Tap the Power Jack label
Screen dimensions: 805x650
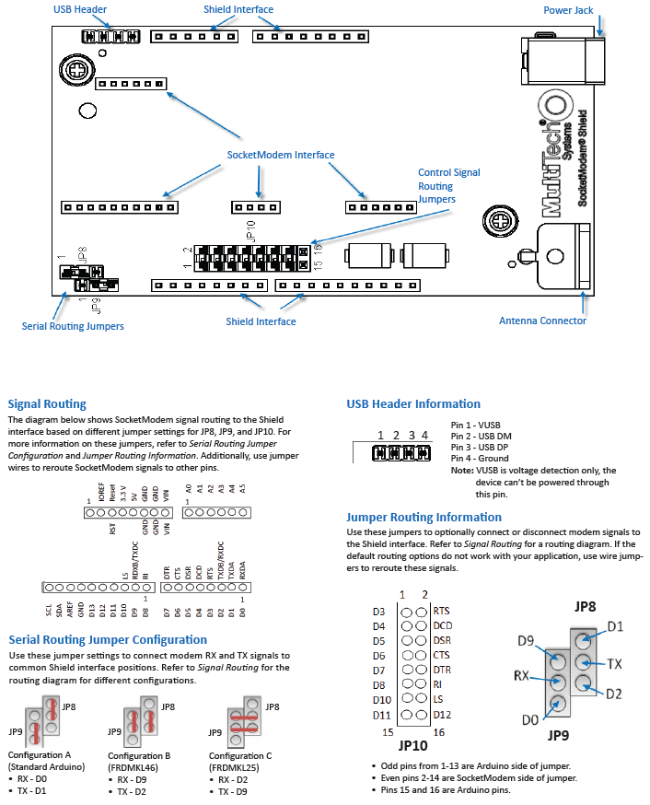pyautogui.click(x=569, y=11)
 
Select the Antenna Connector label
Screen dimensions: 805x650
pyautogui.click(x=542, y=321)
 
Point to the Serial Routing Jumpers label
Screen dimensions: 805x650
pyautogui.click(x=73, y=325)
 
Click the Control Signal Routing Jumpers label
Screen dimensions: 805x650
pyautogui.click(x=448, y=185)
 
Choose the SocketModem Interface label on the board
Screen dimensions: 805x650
pyautogui.click(x=281, y=154)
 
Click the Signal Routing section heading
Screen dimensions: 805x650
pyautogui.click(x=46, y=403)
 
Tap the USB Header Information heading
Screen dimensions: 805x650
pyautogui.click(x=413, y=403)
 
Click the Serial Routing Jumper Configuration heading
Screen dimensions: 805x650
pyautogui.click(x=108, y=639)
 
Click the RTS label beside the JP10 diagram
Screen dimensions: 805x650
pyautogui.click(x=441, y=611)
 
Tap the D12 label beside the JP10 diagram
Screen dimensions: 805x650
pyautogui.click(x=442, y=715)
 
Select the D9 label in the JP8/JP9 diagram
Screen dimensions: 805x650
pyautogui.click(x=526, y=640)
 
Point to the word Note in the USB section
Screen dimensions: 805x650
pyautogui.click(x=462, y=471)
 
